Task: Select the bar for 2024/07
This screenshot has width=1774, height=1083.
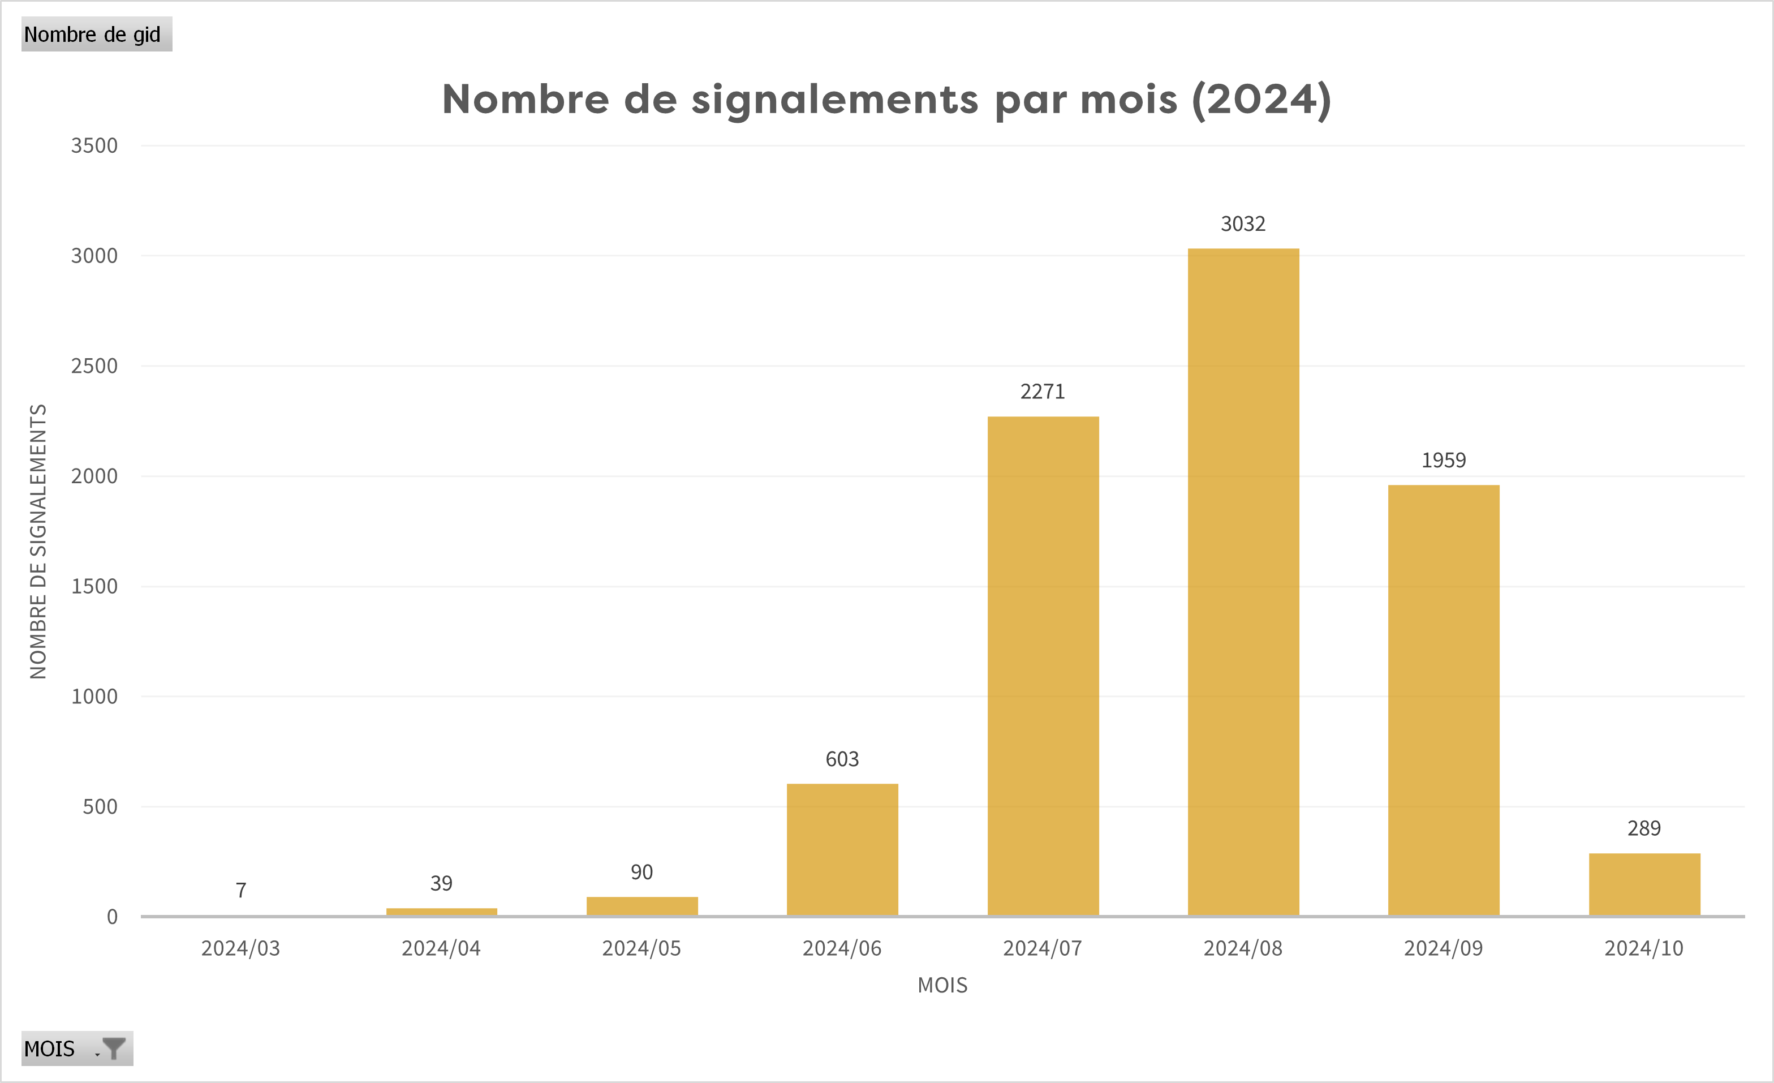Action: [x=1043, y=666]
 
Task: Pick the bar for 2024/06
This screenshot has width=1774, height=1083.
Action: [x=842, y=850]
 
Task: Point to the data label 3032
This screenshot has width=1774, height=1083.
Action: [x=1243, y=224]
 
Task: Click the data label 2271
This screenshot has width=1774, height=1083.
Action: [x=1043, y=392]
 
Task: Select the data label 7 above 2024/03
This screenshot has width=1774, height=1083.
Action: [x=241, y=891]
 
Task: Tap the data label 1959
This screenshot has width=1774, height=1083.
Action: [x=1444, y=460]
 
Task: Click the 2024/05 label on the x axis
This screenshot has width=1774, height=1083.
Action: [x=641, y=948]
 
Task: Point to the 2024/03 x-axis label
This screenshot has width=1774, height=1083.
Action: [x=240, y=948]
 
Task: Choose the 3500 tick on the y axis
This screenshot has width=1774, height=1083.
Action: [x=94, y=145]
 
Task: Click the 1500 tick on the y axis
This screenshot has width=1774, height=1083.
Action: [x=94, y=586]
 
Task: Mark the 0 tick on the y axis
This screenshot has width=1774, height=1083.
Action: [x=113, y=917]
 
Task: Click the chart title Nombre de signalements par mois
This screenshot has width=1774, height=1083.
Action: [x=886, y=100]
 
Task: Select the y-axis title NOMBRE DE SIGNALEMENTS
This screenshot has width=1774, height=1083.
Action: [x=38, y=541]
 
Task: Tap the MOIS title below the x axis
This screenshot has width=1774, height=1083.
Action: [x=942, y=985]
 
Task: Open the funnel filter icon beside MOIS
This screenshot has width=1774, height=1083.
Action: [x=114, y=1048]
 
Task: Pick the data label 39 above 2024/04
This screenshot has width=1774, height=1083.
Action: [x=441, y=883]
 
